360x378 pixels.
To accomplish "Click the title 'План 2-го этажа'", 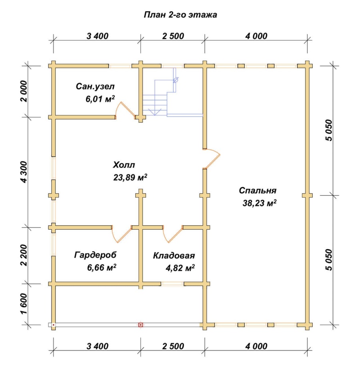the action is (x=180, y=15).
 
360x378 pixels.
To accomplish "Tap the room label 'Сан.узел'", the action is (x=95, y=86).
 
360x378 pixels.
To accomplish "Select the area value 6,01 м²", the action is (x=100, y=99).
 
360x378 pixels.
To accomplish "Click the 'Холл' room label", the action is (x=124, y=165).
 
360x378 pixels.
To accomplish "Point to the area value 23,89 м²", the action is (x=130, y=178).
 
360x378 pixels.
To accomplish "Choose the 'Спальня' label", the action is (x=258, y=191).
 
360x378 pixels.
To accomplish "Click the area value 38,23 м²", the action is (x=260, y=203).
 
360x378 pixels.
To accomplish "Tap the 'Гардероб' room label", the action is (x=95, y=255).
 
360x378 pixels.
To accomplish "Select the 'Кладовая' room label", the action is (x=174, y=255).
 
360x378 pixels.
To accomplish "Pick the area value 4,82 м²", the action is (x=180, y=268).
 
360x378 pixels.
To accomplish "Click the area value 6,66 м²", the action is (x=102, y=267).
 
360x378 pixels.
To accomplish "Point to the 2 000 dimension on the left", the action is (x=24, y=91).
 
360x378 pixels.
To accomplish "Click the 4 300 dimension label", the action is (x=24, y=172).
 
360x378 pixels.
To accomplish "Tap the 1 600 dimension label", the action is (x=24, y=304).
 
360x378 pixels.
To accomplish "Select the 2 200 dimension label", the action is (x=24, y=255).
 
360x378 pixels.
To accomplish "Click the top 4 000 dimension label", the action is (x=256, y=36).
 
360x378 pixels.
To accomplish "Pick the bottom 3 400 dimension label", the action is (x=98, y=346).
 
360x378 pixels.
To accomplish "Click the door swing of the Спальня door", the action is (x=212, y=158).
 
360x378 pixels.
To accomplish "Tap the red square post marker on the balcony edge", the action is (x=140, y=325).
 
